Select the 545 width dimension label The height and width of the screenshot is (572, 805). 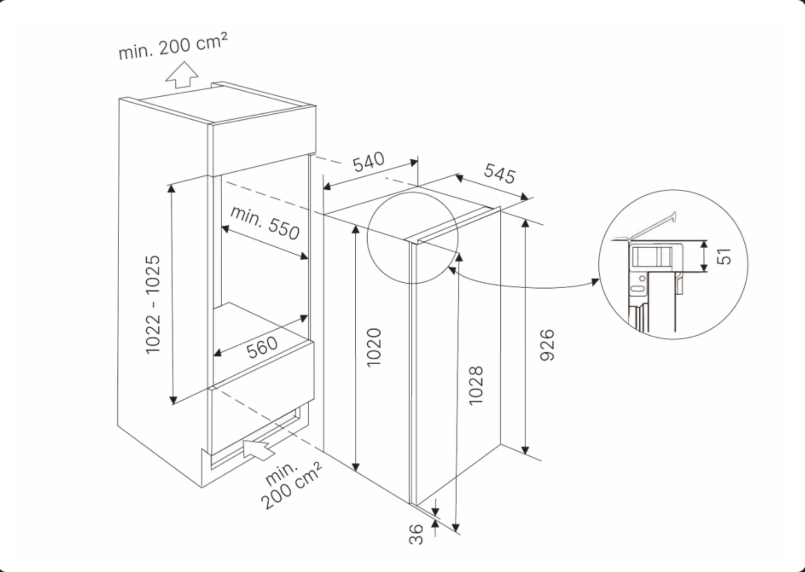coord(499,173)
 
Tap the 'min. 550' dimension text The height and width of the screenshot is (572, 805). coord(265,222)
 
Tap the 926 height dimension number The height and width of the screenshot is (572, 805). coord(547,345)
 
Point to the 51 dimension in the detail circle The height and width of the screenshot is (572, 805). coord(723,256)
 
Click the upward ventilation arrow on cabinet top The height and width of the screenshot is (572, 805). coord(183,74)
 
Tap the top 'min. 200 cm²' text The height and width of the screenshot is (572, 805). coord(173,46)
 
